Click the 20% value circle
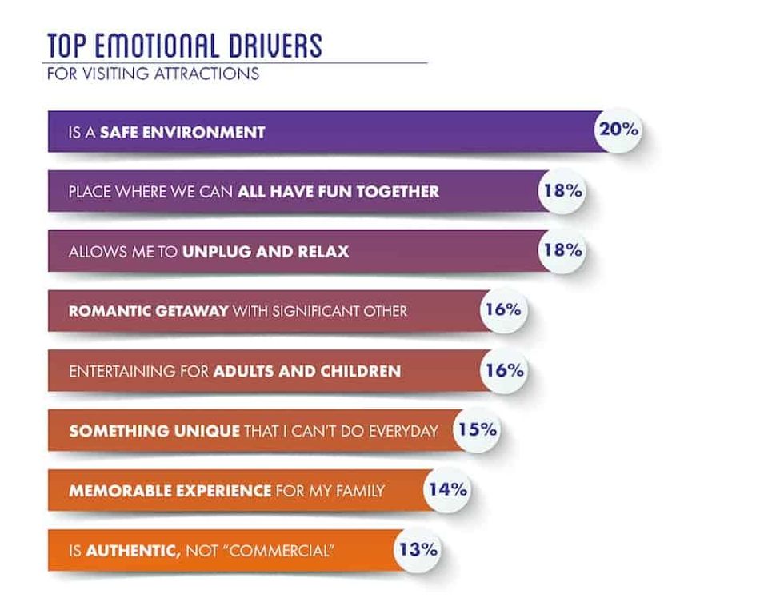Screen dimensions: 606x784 pos(618,129)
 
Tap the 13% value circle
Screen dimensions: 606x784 pos(416,549)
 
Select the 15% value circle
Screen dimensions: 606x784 pos(478,429)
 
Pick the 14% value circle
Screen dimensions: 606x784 pos(447,489)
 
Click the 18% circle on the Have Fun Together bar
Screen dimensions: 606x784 pos(561,190)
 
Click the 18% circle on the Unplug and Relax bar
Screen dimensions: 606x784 pos(561,250)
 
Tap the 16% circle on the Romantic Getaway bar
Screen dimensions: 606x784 pos(503,309)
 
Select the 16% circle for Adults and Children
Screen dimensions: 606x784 pos(503,370)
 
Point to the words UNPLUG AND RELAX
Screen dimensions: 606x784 pos(266,252)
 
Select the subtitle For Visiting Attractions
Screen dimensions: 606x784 pos(153,74)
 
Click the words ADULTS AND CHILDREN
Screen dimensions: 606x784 pos(307,372)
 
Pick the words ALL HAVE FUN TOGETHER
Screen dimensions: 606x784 pos(338,192)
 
